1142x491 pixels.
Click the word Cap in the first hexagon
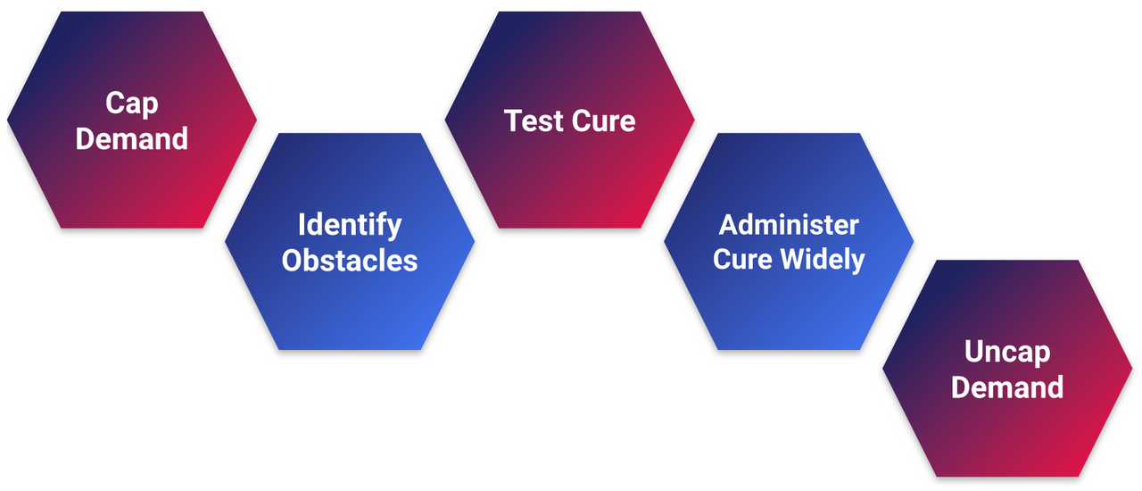tap(132, 104)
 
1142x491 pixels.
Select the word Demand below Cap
tap(132, 139)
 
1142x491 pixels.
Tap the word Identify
tap(350, 224)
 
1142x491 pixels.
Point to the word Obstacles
tap(350, 260)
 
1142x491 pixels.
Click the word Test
tap(533, 121)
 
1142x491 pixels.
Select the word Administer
tap(789, 224)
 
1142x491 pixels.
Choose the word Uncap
tap(1007, 352)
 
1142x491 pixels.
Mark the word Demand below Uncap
tap(1007, 387)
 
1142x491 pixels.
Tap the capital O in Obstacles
tap(291, 260)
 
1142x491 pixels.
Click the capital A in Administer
tap(727, 224)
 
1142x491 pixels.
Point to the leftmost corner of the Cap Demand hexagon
tap(8, 120)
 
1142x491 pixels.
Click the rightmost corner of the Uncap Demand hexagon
tap(1132, 368)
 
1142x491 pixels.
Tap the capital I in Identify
tap(302, 224)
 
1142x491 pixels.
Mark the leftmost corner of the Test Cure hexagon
tap(446, 120)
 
